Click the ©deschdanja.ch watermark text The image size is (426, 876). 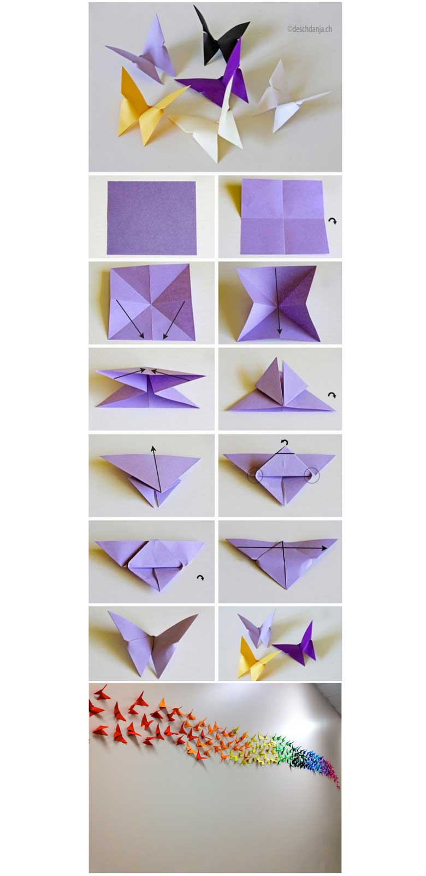310,29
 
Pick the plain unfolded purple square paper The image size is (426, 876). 151,218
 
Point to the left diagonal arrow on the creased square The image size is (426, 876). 131,319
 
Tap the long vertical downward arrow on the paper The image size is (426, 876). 278,301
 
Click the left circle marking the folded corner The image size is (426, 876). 255,475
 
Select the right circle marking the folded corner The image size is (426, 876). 312,475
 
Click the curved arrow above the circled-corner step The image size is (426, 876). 285,442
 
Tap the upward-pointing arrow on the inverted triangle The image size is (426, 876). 156,469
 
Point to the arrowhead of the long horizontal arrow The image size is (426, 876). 324,548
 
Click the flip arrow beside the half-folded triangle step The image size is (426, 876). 200,578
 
